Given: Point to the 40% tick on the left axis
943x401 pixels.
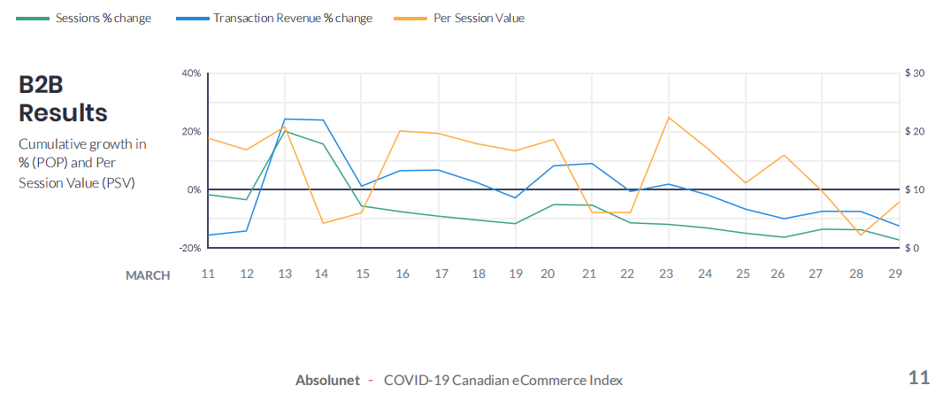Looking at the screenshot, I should [191, 73].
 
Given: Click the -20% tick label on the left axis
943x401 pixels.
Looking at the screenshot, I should [189, 248].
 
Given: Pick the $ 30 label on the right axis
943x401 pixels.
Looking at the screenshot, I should [915, 73].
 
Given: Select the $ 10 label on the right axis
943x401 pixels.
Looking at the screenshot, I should [915, 189].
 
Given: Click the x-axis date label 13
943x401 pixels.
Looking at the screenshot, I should [284, 274].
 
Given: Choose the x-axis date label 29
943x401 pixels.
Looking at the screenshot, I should [894, 274].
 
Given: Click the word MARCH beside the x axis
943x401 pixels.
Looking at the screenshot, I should [148, 275].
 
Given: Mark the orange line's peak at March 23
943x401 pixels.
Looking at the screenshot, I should [668, 117].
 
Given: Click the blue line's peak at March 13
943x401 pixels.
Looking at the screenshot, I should [284, 119].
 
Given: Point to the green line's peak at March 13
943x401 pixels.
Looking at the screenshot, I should [284, 131].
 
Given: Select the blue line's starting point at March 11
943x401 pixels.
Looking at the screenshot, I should [208, 235].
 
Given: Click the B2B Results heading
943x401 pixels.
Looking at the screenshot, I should [63, 98].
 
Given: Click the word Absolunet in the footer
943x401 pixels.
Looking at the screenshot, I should [327, 380].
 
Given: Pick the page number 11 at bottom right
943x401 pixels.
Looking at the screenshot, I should [919, 378].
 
